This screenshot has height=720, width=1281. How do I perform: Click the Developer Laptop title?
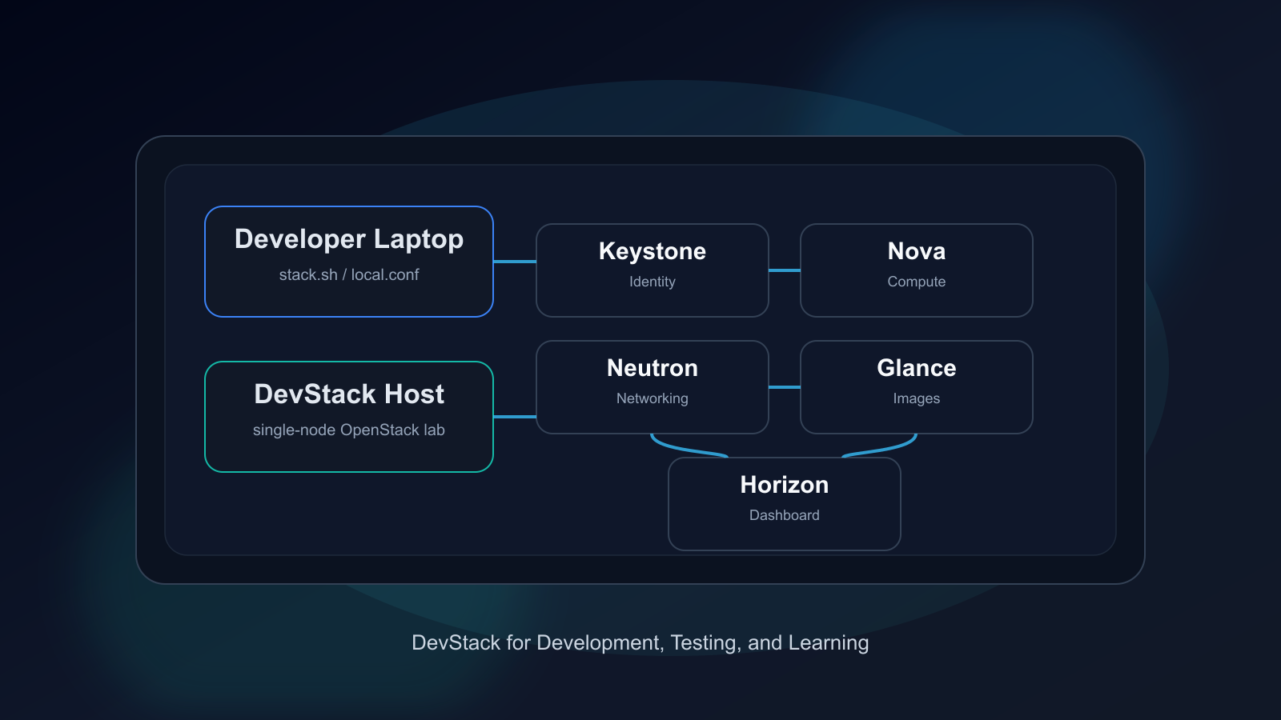coord(349,239)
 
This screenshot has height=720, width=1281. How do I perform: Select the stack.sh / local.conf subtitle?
coord(349,275)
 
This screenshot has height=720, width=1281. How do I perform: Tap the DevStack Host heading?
coord(349,394)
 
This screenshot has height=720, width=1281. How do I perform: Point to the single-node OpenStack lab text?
coord(349,430)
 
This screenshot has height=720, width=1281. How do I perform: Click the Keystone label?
coord(653,251)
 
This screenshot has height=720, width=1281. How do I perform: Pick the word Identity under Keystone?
coord(653,282)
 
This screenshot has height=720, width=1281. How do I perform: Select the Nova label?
coord(917,251)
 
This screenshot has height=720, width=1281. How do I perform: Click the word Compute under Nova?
coord(917,282)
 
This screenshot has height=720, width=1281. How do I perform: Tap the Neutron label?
coord(653,368)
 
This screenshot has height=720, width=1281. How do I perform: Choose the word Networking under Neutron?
coord(653,398)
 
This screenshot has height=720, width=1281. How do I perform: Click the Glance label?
coord(917,368)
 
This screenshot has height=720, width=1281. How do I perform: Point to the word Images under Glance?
coord(917,398)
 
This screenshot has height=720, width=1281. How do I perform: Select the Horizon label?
coord(785,485)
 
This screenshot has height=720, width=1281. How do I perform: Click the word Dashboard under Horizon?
coord(785,515)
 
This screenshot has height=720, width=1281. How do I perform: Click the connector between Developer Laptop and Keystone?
coord(515,262)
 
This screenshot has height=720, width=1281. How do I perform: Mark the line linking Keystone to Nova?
coord(785,270)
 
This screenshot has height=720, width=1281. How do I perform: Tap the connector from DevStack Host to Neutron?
coord(515,417)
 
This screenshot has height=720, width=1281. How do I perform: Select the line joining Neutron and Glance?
coord(785,387)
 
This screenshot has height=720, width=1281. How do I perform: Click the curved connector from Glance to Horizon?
coord(884,449)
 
